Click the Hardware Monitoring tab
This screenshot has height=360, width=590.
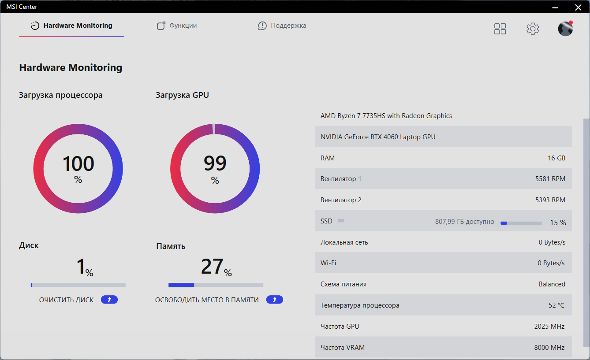pyautogui.click(x=72, y=26)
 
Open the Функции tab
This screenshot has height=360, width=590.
pyautogui.click(x=177, y=26)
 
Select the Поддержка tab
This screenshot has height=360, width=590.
pyautogui.click(x=282, y=26)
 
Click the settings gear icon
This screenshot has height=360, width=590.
pyautogui.click(x=533, y=29)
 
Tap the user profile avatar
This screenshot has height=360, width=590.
pyautogui.click(x=565, y=29)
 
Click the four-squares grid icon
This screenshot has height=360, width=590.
pyautogui.click(x=500, y=29)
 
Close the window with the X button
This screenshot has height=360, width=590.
pyautogui.click(x=578, y=7)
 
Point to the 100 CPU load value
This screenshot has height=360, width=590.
pyautogui.click(x=78, y=163)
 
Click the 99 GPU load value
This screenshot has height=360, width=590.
pyautogui.click(x=215, y=163)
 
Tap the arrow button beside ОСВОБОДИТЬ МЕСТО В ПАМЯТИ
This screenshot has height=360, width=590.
pyautogui.click(x=274, y=300)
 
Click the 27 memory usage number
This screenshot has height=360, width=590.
pyautogui.click(x=212, y=267)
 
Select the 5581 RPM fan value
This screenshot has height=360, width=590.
pyautogui.click(x=550, y=179)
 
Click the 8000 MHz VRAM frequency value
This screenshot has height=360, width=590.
pyautogui.click(x=549, y=347)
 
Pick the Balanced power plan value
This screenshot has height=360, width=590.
pyautogui.click(x=552, y=284)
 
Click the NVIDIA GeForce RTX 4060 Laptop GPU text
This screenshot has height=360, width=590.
pyautogui.click(x=378, y=137)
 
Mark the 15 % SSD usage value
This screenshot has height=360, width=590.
pyautogui.click(x=558, y=223)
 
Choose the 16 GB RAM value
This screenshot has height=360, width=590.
pyautogui.click(x=556, y=158)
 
